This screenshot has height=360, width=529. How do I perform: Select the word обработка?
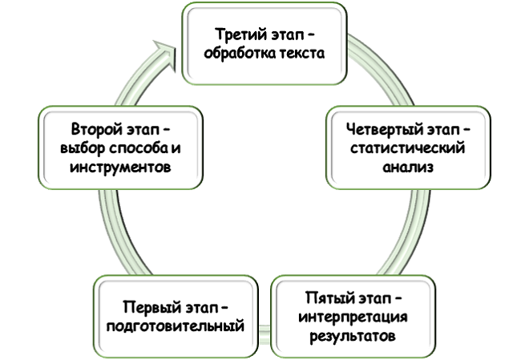point(244,55)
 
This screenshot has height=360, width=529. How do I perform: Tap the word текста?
point(300,55)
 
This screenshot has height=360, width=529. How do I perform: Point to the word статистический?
point(408,148)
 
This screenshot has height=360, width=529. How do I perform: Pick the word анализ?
point(408,168)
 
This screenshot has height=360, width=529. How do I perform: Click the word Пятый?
point(324,298)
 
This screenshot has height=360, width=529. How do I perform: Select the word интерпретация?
point(352,318)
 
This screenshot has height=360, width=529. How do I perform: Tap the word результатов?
point(352,337)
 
